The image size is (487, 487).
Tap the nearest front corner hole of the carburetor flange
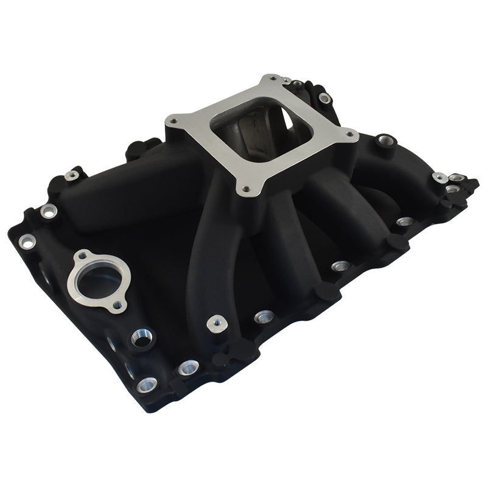tap(245, 189)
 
